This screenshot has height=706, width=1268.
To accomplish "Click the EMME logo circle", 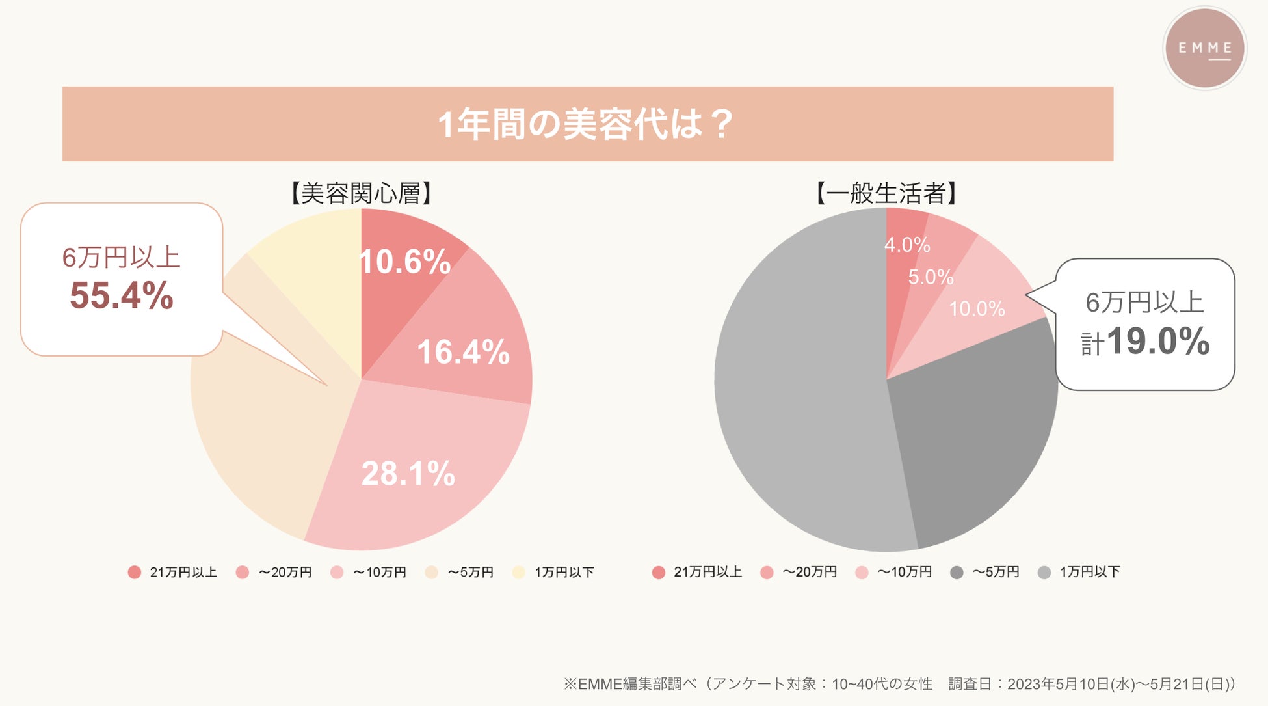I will [1204, 48].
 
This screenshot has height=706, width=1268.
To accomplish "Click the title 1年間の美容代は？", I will [587, 124].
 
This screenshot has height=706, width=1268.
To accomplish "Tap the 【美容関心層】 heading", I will [361, 193].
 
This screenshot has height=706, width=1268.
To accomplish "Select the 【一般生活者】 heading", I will [886, 193].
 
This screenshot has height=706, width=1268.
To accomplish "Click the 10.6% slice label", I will [404, 262].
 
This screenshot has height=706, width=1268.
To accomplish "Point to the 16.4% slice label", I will [463, 352].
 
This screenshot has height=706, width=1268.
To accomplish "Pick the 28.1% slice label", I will [408, 473].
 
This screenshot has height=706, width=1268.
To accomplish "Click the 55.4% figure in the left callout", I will [122, 295].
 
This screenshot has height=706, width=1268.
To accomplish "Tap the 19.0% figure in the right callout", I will [1157, 341].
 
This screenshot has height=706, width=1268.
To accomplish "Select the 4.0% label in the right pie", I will [907, 245].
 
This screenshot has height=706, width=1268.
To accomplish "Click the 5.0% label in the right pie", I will [931, 277].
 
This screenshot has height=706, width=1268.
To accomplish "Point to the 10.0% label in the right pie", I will [977, 308].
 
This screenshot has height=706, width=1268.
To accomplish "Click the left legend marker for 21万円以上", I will [135, 572].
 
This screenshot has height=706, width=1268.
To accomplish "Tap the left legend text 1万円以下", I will [564, 572].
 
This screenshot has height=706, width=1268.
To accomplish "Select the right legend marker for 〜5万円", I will [957, 572].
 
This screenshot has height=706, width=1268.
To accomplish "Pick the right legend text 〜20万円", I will [810, 572].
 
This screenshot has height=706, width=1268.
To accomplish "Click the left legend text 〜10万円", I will [380, 572].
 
